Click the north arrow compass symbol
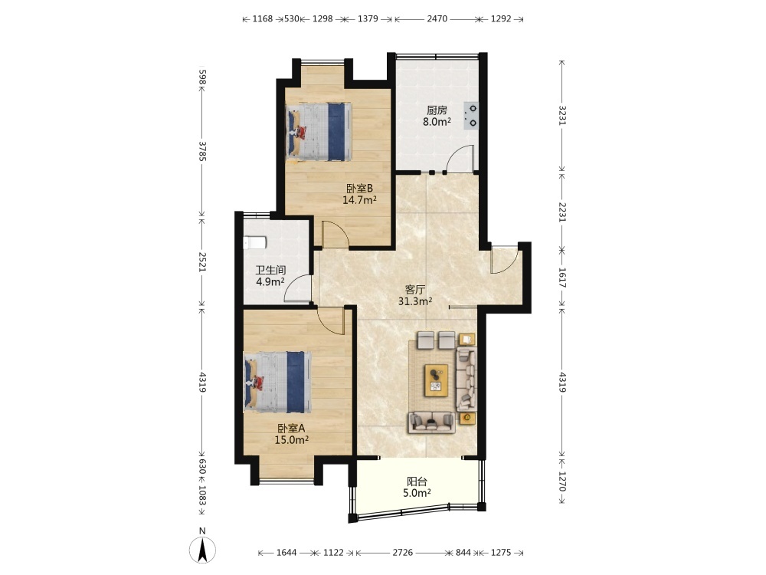pos(202,549)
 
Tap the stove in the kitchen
pos(471,116)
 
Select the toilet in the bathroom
pos(254,242)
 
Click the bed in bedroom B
pos(319,132)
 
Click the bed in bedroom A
pos(277,382)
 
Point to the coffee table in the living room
pos(437,380)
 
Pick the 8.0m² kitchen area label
pos(437,122)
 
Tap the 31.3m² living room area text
pos(414,301)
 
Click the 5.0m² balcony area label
pos(417,493)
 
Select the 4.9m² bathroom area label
pos(270,281)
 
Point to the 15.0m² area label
pos(291,439)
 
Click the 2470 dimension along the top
pos(437,18)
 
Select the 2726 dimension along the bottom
pos(403,553)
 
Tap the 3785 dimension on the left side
pos(202,152)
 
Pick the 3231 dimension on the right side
pos(562,116)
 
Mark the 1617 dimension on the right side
pos(562,278)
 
